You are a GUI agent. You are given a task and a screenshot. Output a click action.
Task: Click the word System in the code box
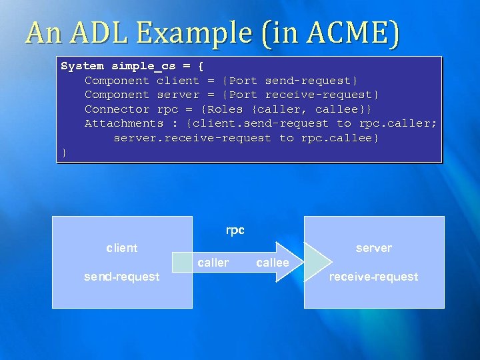point(83,66)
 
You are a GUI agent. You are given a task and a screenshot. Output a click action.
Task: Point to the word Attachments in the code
point(123,123)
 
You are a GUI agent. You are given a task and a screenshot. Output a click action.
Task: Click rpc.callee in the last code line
point(340,138)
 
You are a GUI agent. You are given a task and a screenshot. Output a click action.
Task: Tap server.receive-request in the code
point(193,138)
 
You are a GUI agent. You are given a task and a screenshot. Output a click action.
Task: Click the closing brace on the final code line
point(64,153)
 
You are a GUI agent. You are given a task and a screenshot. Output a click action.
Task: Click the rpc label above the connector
point(235,231)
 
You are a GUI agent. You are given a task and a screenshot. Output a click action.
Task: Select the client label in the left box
point(122,248)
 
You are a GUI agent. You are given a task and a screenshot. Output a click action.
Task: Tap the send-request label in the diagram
point(122,277)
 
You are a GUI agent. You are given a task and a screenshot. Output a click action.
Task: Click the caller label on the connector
point(213,263)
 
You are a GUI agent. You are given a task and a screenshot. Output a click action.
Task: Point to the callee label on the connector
point(273,263)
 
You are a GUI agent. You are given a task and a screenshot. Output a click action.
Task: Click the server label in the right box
point(373,248)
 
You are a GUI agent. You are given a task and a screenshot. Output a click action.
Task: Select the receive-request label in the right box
point(373,277)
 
